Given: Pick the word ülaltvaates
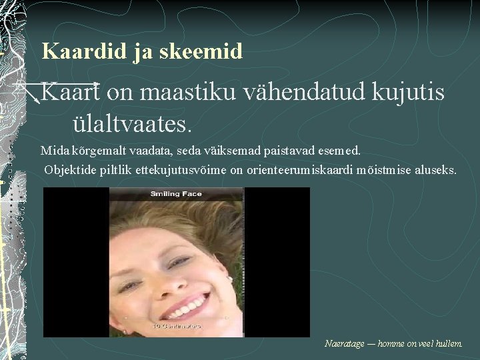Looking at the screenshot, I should (132, 123).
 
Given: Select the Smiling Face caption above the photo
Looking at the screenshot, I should (176, 194).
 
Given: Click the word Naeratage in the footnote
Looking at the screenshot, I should (344, 344).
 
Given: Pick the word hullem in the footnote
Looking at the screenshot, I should (447, 344).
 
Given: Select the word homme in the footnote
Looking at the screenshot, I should (393, 344).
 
